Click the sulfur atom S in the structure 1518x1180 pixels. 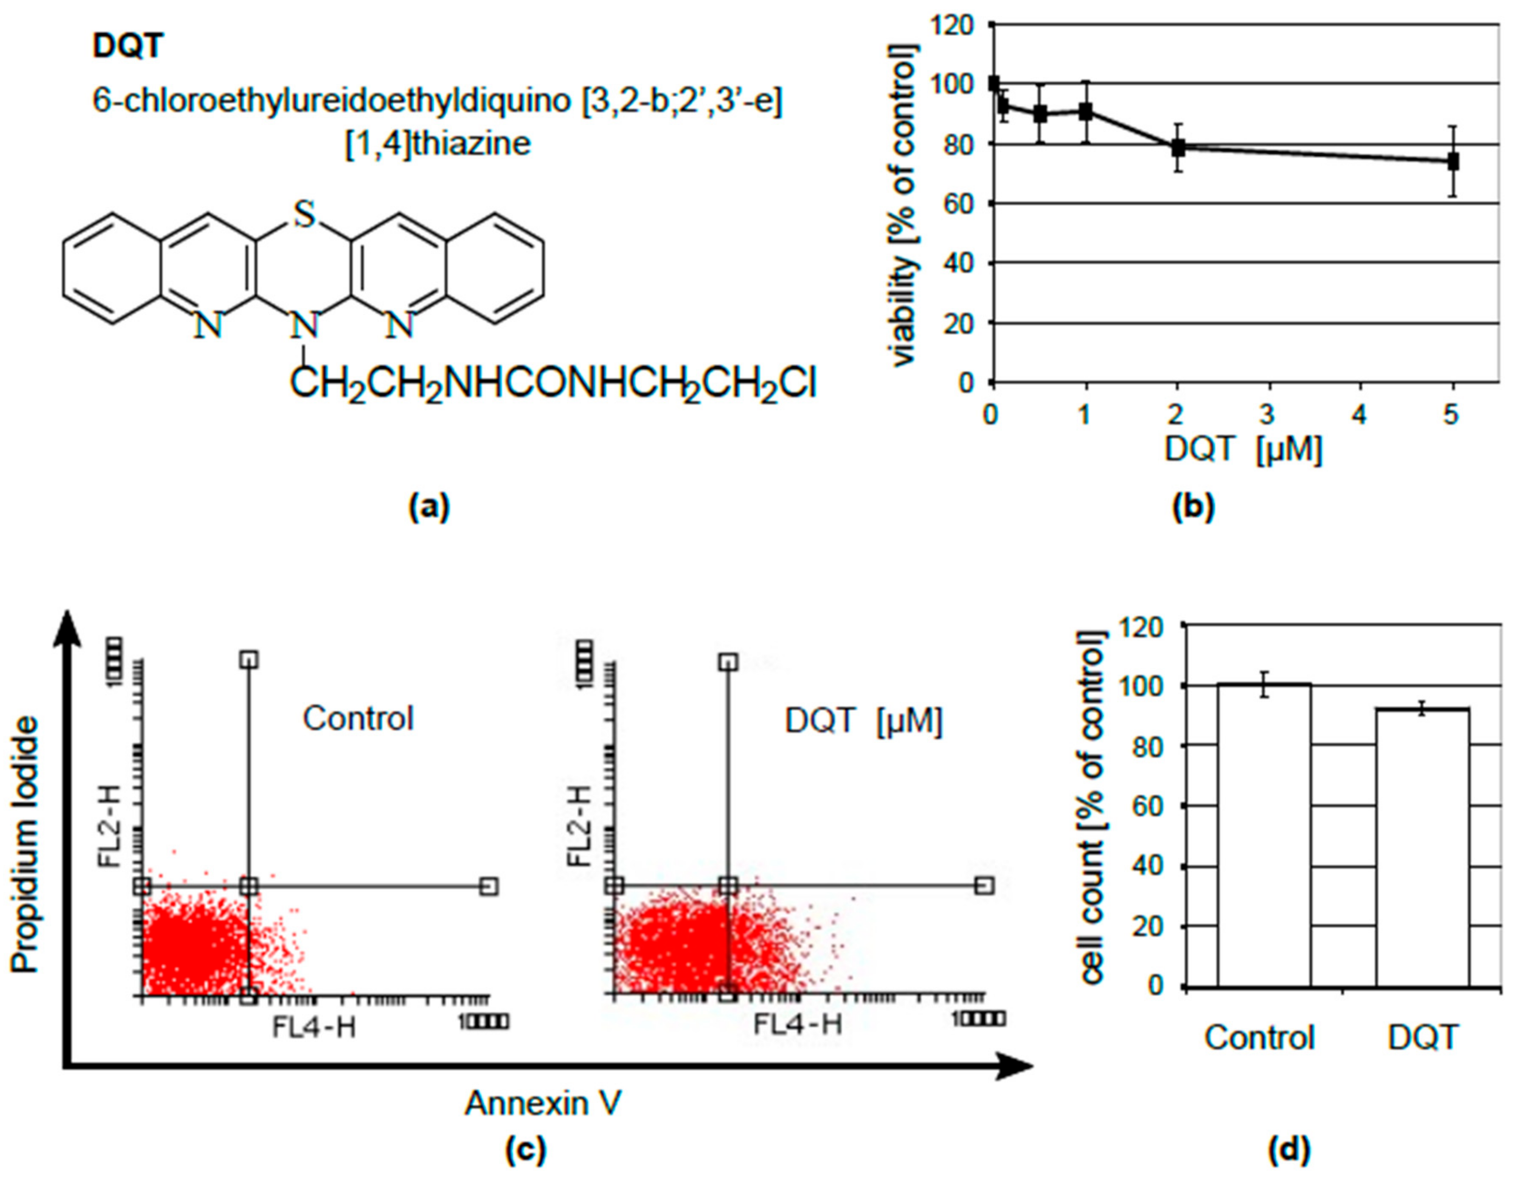click(304, 216)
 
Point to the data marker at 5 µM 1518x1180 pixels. click(1452, 162)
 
